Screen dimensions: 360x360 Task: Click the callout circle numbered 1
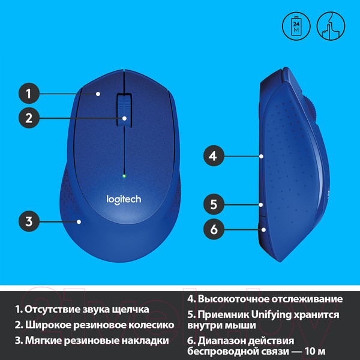pyautogui.click(x=28, y=94)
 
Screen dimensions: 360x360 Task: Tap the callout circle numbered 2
pyautogui.click(x=28, y=118)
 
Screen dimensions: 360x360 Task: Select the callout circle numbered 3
pyautogui.click(x=28, y=221)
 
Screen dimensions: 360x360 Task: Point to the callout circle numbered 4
pyautogui.click(x=212, y=157)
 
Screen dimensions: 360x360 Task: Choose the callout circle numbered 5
pyautogui.click(x=212, y=204)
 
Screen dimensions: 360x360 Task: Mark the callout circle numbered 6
pyautogui.click(x=212, y=228)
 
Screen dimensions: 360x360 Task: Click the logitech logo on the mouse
pyautogui.click(x=124, y=199)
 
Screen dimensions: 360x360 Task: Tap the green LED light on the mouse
pyautogui.click(x=124, y=176)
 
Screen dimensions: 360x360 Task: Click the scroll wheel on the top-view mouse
pyautogui.click(x=124, y=109)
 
